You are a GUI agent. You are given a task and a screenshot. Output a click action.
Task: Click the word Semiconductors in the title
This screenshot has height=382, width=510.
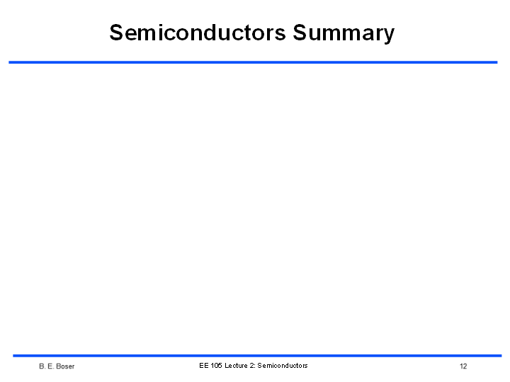pos(198,33)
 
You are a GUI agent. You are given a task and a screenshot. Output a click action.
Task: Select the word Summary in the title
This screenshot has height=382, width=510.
pos(344,33)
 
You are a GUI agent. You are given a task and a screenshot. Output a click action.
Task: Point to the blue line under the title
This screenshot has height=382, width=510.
pos(253,62)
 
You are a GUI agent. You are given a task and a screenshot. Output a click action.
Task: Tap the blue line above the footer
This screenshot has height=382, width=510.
pos(257,356)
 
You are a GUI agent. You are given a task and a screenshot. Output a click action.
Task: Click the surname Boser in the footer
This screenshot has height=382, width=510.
pos(65,366)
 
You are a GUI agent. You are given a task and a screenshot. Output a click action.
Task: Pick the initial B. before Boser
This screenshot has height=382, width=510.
pos(42,366)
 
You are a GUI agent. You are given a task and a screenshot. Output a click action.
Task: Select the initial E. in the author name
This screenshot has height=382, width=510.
pos(50,366)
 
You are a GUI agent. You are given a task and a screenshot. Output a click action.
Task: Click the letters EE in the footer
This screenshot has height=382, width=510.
pos(203,366)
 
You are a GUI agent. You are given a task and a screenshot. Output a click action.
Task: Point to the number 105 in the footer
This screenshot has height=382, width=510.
pos(216,366)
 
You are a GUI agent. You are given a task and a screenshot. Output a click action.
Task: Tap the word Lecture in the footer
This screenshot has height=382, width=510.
pos(236,366)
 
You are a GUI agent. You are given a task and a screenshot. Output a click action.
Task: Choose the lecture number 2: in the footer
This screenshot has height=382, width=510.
pos(252,366)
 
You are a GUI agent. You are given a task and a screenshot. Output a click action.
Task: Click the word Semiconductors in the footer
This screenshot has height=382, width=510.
pos(283,366)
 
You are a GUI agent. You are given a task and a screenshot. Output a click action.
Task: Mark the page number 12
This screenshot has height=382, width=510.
pos(463,366)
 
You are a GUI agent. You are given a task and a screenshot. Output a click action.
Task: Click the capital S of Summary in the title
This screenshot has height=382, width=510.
pos(299,33)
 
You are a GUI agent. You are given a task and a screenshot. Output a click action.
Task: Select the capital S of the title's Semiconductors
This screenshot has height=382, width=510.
pos(116,33)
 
